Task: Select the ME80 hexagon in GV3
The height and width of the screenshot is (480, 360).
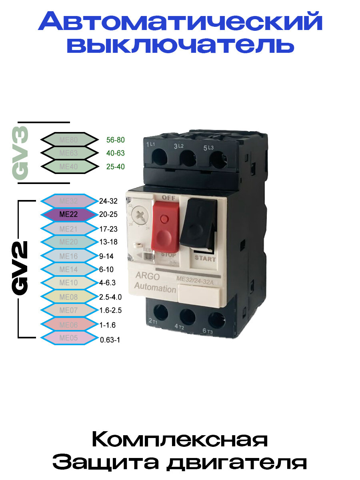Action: click(69, 140)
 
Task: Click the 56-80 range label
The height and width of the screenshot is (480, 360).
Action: click(116, 140)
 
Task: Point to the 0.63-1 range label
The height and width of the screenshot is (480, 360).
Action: click(110, 340)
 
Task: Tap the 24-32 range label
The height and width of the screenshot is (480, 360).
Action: click(108, 201)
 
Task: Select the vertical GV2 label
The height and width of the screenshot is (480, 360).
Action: click(21, 268)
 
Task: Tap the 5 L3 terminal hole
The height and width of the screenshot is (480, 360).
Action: click(218, 160)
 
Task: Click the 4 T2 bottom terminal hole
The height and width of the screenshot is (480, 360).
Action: click(187, 316)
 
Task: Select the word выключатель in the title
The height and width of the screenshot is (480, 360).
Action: click(180, 45)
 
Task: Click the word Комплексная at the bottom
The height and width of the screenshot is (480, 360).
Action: click(180, 440)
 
